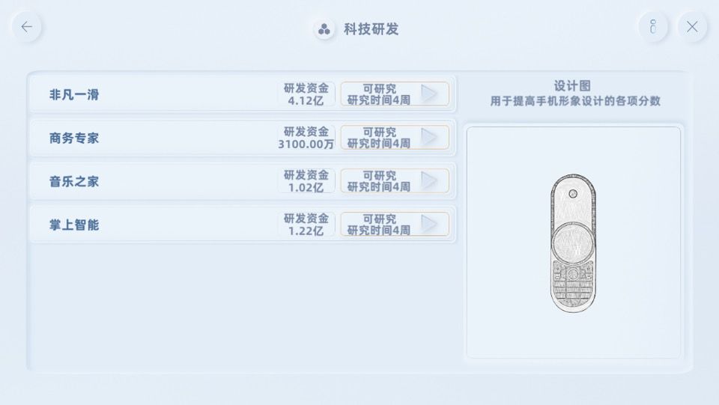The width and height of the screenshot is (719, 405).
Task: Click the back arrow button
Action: click(x=27, y=27)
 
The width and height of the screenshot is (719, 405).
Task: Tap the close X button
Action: click(x=692, y=27)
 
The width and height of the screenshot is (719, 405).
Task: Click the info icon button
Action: click(x=653, y=27)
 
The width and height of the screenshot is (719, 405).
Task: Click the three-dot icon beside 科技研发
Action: click(x=324, y=29)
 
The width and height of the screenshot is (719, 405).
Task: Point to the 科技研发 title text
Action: click(x=371, y=29)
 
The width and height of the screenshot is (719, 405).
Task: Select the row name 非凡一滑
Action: click(x=74, y=95)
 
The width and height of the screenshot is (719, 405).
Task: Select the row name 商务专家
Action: click(x=74, y=138)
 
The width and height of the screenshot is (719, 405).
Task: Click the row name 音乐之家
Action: click(x=74, y=181)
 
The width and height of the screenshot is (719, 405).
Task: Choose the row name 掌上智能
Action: click(x=74, y=225)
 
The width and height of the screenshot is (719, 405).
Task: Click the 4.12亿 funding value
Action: click(x=306, y=100)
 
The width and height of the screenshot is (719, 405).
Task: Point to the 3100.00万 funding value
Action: click(x=306, y=144)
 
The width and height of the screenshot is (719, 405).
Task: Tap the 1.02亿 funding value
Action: click(x=306, y=187)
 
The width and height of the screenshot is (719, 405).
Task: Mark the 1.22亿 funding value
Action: click(x=306, y=231)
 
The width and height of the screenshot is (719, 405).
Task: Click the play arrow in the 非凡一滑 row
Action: click(x=428, y=94)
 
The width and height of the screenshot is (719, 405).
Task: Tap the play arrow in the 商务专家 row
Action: click(x=428, y=137)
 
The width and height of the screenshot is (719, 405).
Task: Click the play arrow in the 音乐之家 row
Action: click(x=428, y=180)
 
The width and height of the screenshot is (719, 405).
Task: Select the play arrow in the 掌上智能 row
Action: click(x=428, y=224)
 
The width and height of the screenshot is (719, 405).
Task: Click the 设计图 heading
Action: click(x=572, y=85)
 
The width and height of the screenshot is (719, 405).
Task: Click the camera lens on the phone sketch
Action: click(x=573, y=194)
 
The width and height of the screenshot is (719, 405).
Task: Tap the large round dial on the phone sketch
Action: click(x=573, y=244)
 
